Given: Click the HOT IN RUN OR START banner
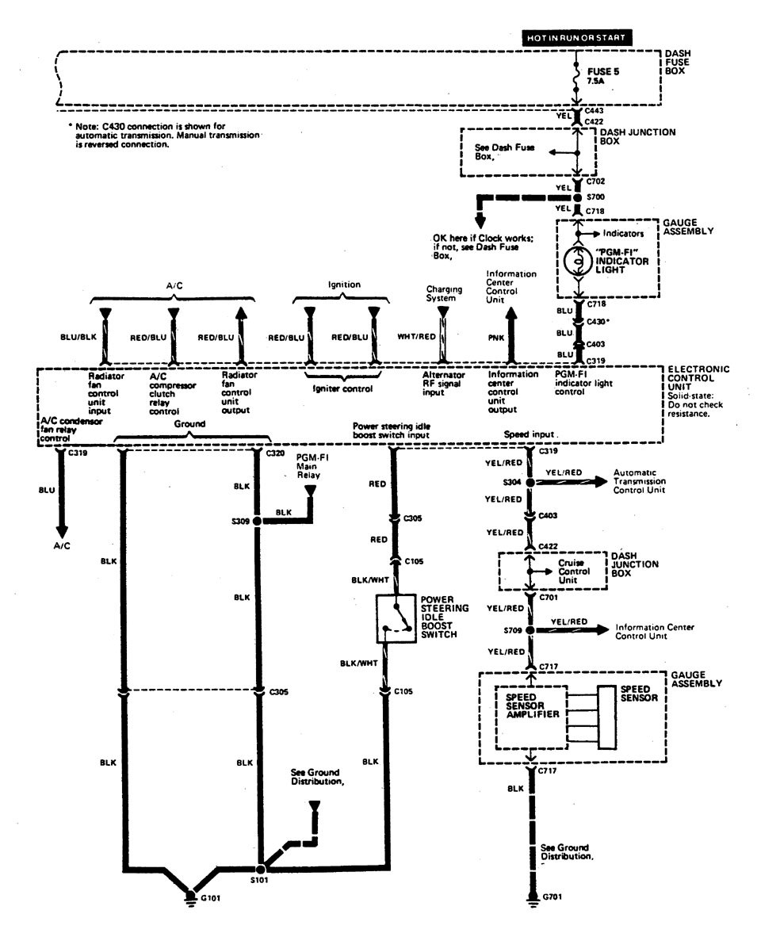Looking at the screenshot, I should pyautogui.click(x=576, y=37).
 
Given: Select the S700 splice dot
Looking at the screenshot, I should pyautogui.click(x=577, y=197).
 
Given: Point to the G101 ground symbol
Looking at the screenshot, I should pyautogui.click(x=191, y=897).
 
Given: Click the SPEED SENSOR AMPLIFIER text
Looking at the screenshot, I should pyautogui.click(x=527, y=705).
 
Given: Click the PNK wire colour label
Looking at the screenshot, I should pyautogui.click(x=491, y=336).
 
